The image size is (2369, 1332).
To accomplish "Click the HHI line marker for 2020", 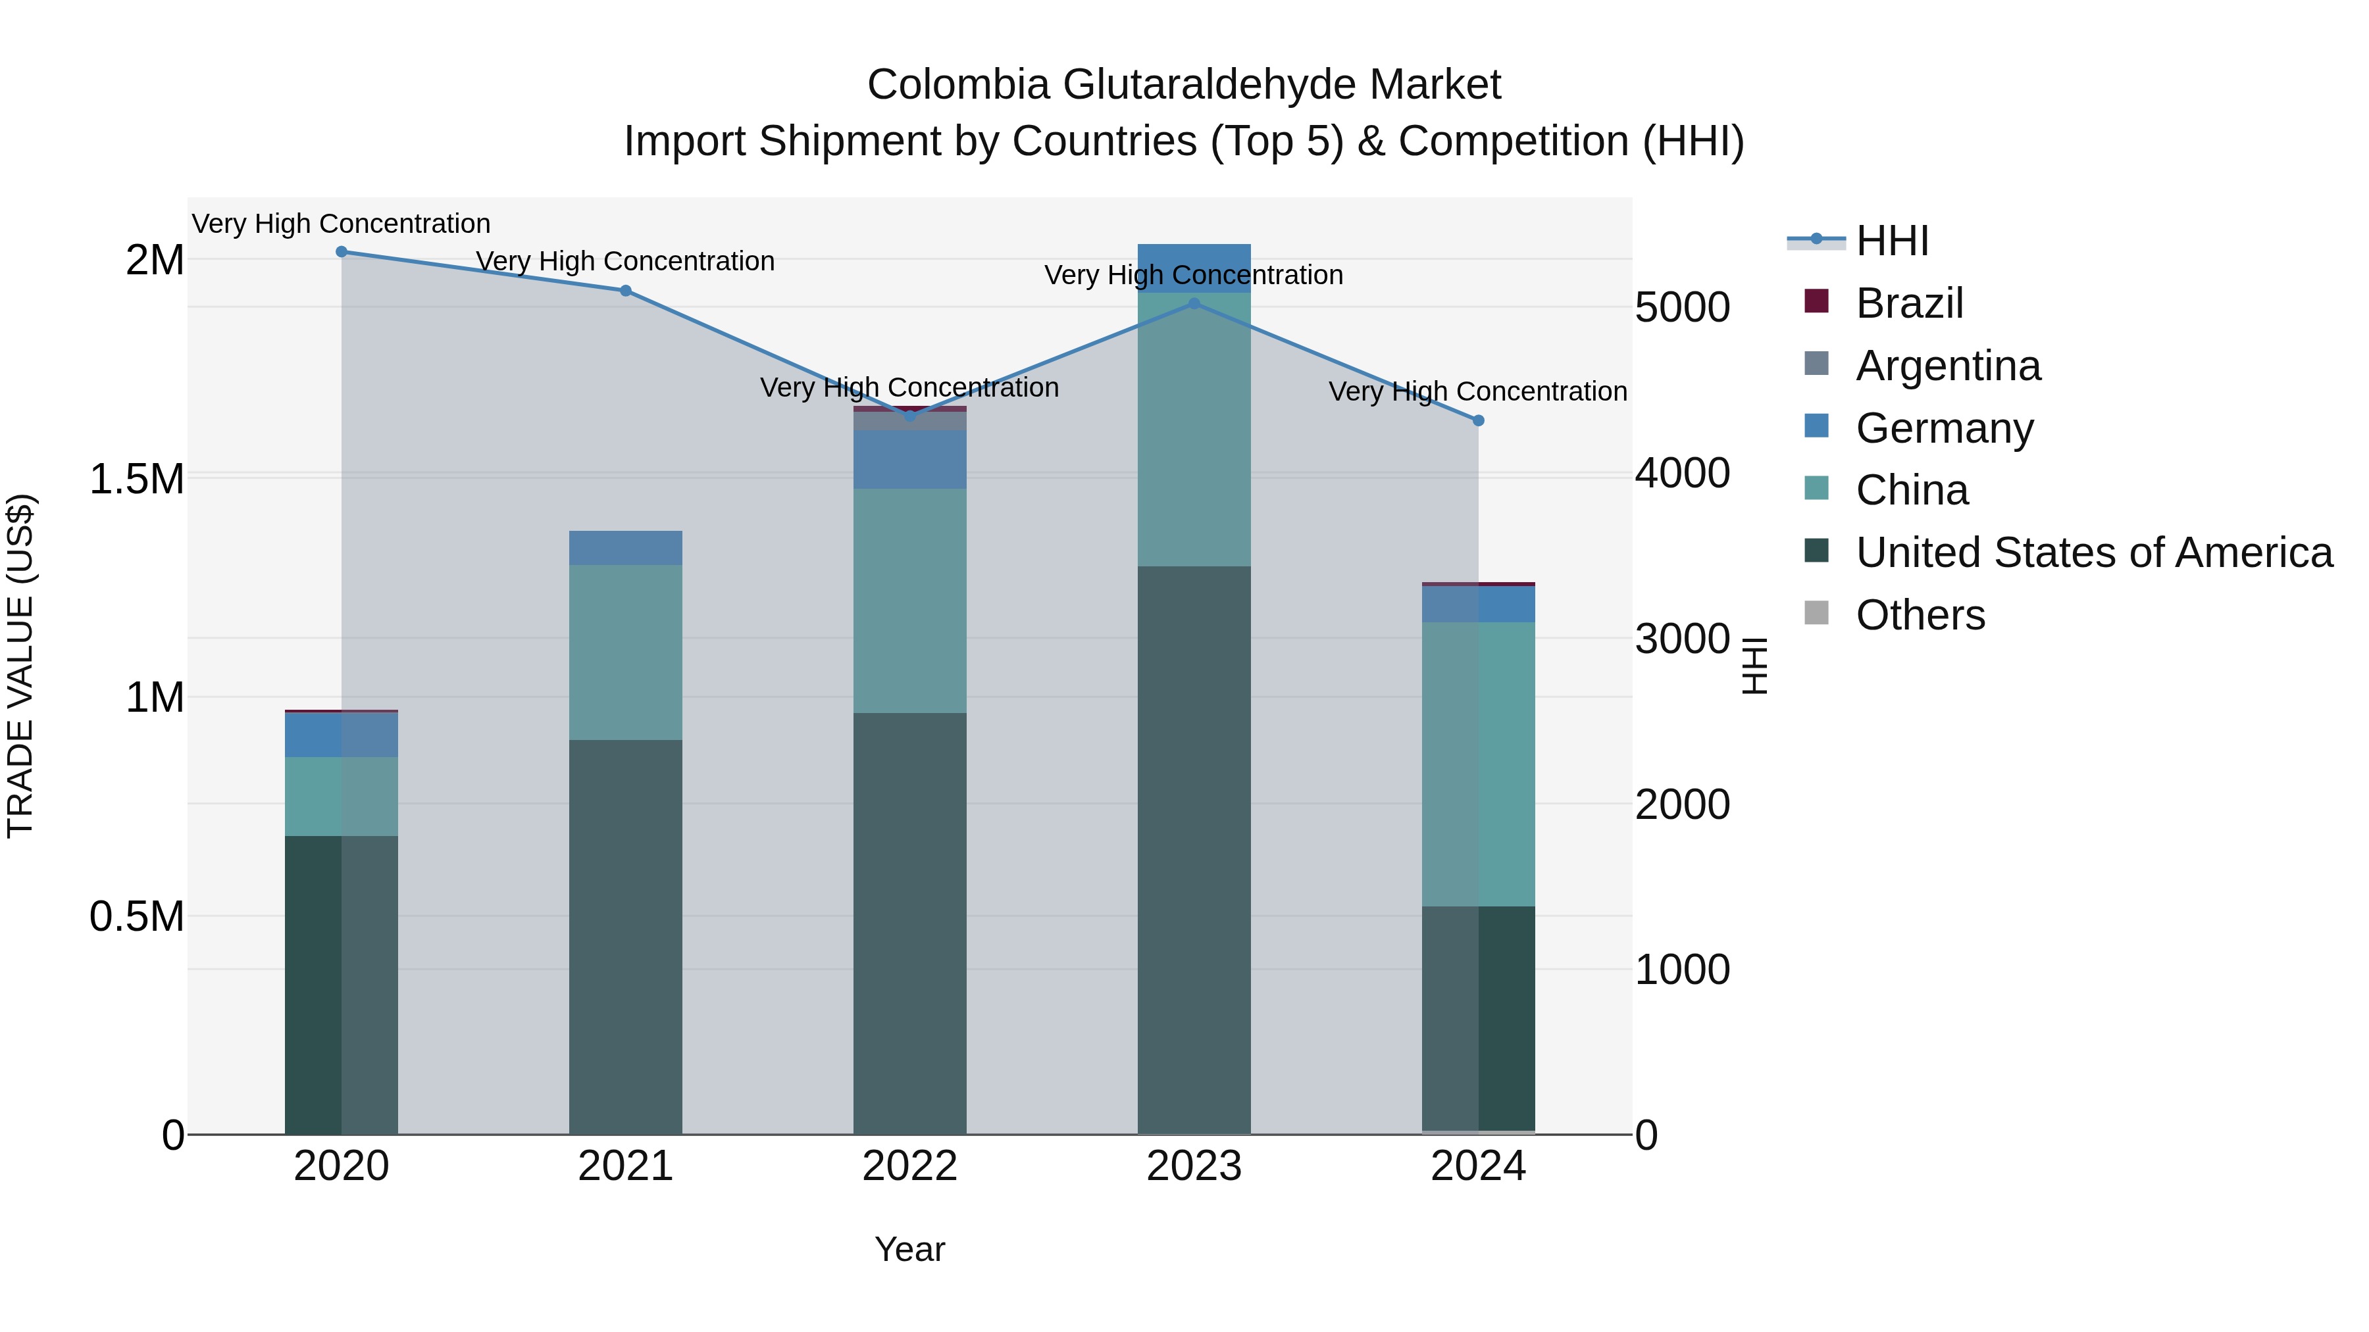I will click(x=341, y=252).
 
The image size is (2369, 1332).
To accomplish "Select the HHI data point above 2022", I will click(x=909, y=416).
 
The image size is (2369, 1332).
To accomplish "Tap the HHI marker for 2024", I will click(x=1478, y=421).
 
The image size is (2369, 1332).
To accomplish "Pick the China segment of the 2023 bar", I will click(x=1194, y=430).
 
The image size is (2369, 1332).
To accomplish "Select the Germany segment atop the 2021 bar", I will click(x=625, y=548).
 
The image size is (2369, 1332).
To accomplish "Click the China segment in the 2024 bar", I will click(x=1478, y=764).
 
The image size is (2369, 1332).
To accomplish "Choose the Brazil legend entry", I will click(x=1908, y=303).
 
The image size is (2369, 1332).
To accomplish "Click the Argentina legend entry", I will click(x=1947, y=366).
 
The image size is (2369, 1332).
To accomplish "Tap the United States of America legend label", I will click(x=2093, y=553).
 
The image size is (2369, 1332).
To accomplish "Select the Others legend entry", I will click(x=1920, y=615).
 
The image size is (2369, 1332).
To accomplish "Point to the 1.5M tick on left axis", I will click(x=136, y=479).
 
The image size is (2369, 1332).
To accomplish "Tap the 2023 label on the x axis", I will click(x=1194, y=1166).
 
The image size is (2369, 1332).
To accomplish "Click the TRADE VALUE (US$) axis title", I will click(x=20, y=666).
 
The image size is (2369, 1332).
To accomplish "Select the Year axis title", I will click(x=909, y=1249).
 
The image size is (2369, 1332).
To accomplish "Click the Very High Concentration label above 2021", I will click(x=625, y=261).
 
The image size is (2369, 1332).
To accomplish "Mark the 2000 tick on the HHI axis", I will click(x=1682, y=804).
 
